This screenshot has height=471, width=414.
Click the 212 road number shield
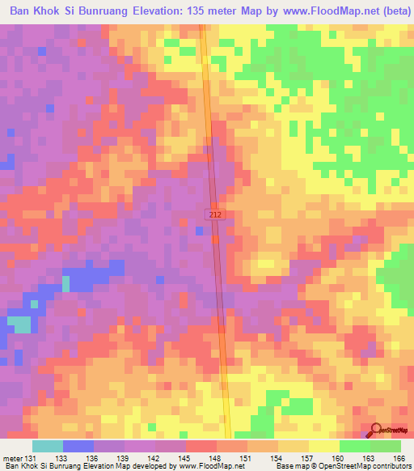coord(213,214)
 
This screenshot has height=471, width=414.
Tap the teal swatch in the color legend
coord(48,446)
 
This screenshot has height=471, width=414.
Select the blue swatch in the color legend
coord(78,446)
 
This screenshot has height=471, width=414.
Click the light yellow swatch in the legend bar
coord(324,446)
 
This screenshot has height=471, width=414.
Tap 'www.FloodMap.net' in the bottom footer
coord(213,466)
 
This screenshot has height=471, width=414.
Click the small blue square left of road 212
coord(199,231)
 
